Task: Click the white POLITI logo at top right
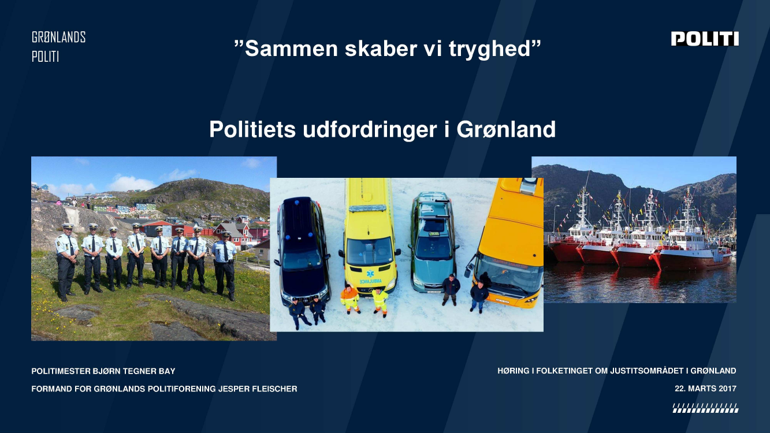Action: [x=705, y=39]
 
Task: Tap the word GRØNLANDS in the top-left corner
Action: [x=58, y=37]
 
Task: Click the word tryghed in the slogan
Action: [x=490, y=49]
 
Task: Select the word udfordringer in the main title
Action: [x=370, y=129]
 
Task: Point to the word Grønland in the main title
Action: [x=506, y=129]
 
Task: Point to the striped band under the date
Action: [x=705, y=408]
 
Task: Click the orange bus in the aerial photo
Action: [x=509, y=241]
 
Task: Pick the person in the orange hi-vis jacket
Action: [x=350, y=299]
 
